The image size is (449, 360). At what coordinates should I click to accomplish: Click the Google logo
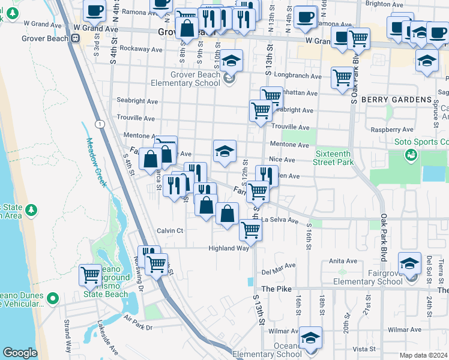click(x=20, y=353)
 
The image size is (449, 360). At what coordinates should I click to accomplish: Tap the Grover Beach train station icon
click(x=76, y=38)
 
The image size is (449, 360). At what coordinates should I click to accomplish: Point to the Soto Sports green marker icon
click(x=411, y=155)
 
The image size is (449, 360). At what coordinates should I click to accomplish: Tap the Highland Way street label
click(x=228, y=248)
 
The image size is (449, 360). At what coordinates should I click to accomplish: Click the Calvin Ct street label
click(x=170, y=230)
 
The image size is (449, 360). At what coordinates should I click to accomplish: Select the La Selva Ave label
click(x=279, y=220)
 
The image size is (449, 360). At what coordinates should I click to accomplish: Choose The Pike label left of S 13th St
click(x=276, y=289)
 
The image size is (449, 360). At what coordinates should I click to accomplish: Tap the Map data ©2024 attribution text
click(x=423, y=355)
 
